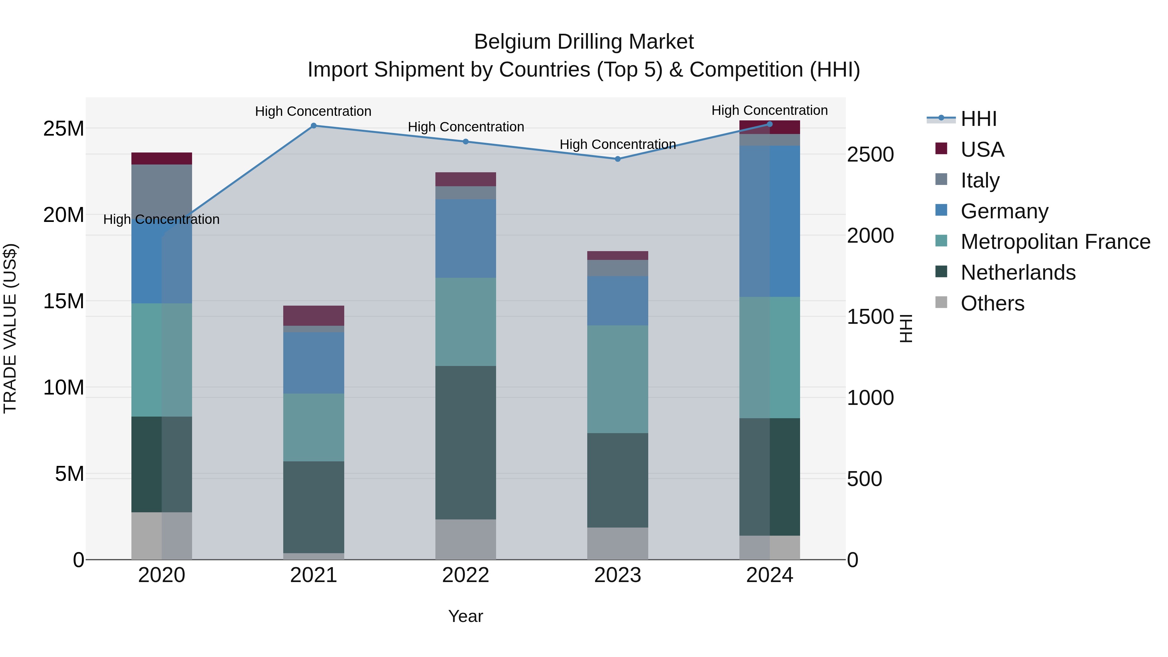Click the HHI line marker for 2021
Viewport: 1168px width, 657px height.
313,126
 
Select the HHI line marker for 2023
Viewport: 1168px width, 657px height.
617,159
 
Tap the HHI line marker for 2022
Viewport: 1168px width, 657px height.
466,141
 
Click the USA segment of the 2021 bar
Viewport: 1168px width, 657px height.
313,316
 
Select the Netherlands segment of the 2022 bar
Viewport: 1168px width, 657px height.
466,443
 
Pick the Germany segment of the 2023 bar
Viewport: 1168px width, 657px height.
617,301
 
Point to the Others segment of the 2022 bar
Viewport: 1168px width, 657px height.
466,539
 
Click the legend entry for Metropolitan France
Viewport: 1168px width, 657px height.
1055,242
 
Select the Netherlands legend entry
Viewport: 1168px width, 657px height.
1018,273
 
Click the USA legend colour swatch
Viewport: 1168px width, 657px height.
941,149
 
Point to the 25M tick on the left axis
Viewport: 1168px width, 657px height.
64,129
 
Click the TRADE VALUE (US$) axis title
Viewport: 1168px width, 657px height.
10,328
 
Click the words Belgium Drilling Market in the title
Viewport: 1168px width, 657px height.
584,42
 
